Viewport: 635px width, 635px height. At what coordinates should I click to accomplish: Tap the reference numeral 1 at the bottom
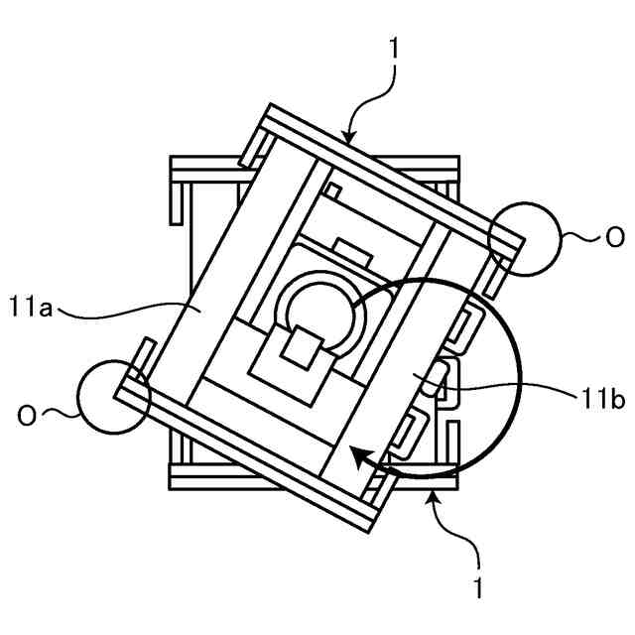click(478, 587)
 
